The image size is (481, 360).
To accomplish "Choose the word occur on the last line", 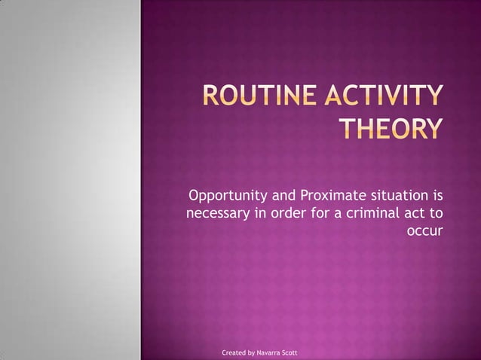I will tap(424, 230).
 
